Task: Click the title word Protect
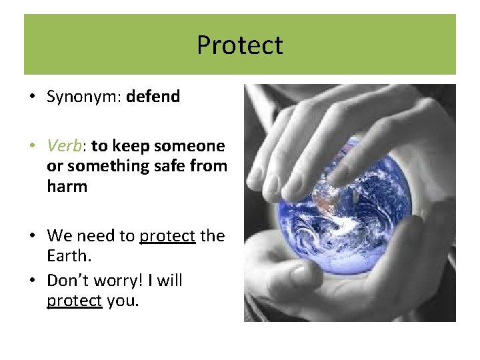[239, 45]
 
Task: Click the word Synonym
[82, 97]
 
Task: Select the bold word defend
[153, 97]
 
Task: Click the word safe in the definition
[175, 166]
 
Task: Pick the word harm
[67, 186]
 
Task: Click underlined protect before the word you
[74, 301]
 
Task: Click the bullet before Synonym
[33, 97]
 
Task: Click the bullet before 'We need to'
[33, 237]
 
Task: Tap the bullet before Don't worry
[33, 281]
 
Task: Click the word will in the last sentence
[170, 281]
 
